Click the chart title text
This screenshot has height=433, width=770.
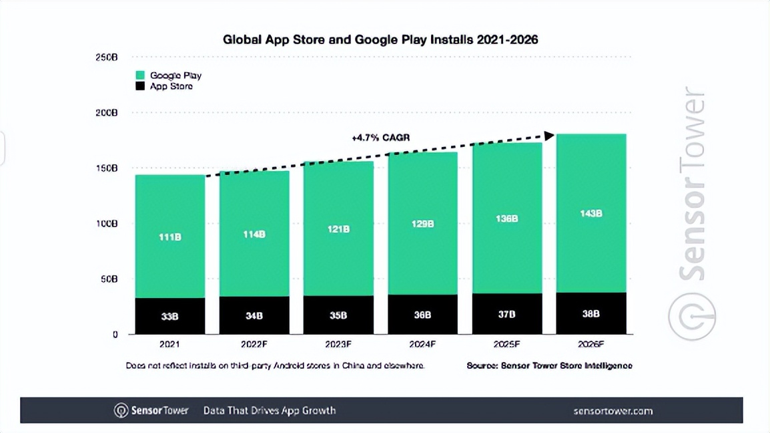click(380, 39)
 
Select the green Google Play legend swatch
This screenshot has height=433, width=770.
click(140, 76)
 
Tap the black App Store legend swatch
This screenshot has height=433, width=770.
click(140, 86)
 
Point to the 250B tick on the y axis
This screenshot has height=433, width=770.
click(107, 58)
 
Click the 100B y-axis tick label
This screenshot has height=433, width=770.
click(107, 223)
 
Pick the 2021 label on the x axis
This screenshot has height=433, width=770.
click(169, 345)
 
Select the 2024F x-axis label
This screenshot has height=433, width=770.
click(422, 345)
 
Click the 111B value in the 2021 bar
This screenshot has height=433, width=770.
click(169, 237)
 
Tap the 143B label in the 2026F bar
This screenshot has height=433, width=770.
click(591, 214)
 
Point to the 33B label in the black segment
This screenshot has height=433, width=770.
click(169, 316)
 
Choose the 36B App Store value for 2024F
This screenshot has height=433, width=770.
click(422, 315)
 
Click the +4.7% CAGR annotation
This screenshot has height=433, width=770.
click(380, 138)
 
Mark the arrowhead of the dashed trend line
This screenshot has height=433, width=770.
click(549, 136)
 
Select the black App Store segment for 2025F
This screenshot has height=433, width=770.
click(507, 314)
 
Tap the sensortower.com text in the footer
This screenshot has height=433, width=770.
click(613, 410)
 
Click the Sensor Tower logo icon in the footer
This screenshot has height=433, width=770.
click(121, 410)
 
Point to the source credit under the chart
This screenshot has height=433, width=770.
click(549, 366)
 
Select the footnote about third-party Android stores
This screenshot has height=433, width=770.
click(275, 366)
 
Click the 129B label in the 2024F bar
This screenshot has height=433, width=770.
click(422, 225)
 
